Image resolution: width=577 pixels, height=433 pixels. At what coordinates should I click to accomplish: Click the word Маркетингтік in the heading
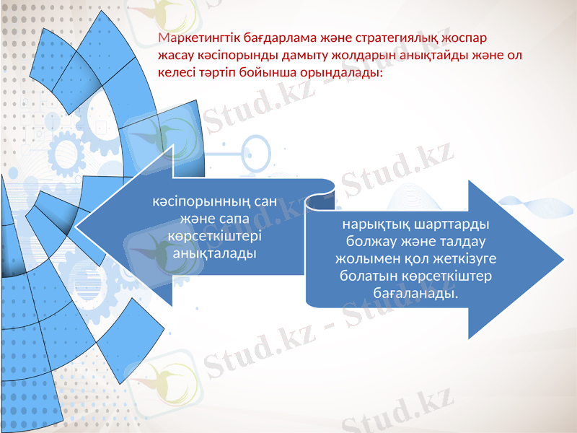coord(195,37)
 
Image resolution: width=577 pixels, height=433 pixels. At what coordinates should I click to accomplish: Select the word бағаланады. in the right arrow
coord(416,294)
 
